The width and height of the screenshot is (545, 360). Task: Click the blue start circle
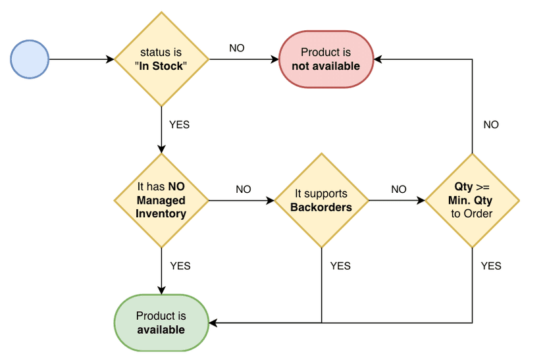(30, 59)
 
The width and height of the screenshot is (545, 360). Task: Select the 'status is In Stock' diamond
(162, 59)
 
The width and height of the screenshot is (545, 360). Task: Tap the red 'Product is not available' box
(326, 59)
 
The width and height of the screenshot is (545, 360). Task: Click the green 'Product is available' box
(161, 323)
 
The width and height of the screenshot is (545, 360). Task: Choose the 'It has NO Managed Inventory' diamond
(161, 200)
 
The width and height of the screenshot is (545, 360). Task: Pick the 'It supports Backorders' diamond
(321, 200)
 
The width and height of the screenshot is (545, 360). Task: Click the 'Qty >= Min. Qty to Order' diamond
(472, 200)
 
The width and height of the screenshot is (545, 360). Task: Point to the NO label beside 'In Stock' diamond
(237, 48)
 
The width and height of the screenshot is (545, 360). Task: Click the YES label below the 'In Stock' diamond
(179, 124)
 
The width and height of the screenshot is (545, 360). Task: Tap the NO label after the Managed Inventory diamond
(244, 190)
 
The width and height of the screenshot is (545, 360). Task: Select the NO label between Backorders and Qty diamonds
(399, 190)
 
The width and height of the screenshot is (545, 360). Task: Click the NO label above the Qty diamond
(491, 124)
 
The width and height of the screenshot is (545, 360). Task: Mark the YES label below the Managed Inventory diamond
(180, 266)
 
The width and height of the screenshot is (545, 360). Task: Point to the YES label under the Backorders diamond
(340, 266)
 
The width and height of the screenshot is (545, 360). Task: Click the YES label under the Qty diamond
(491, 266)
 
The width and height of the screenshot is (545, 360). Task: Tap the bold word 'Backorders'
(321, 207)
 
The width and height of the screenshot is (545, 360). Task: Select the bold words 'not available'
(326, 66)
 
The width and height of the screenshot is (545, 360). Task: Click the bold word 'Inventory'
(161, 213)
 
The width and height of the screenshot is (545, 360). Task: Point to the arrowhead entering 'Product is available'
(213, 323)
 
